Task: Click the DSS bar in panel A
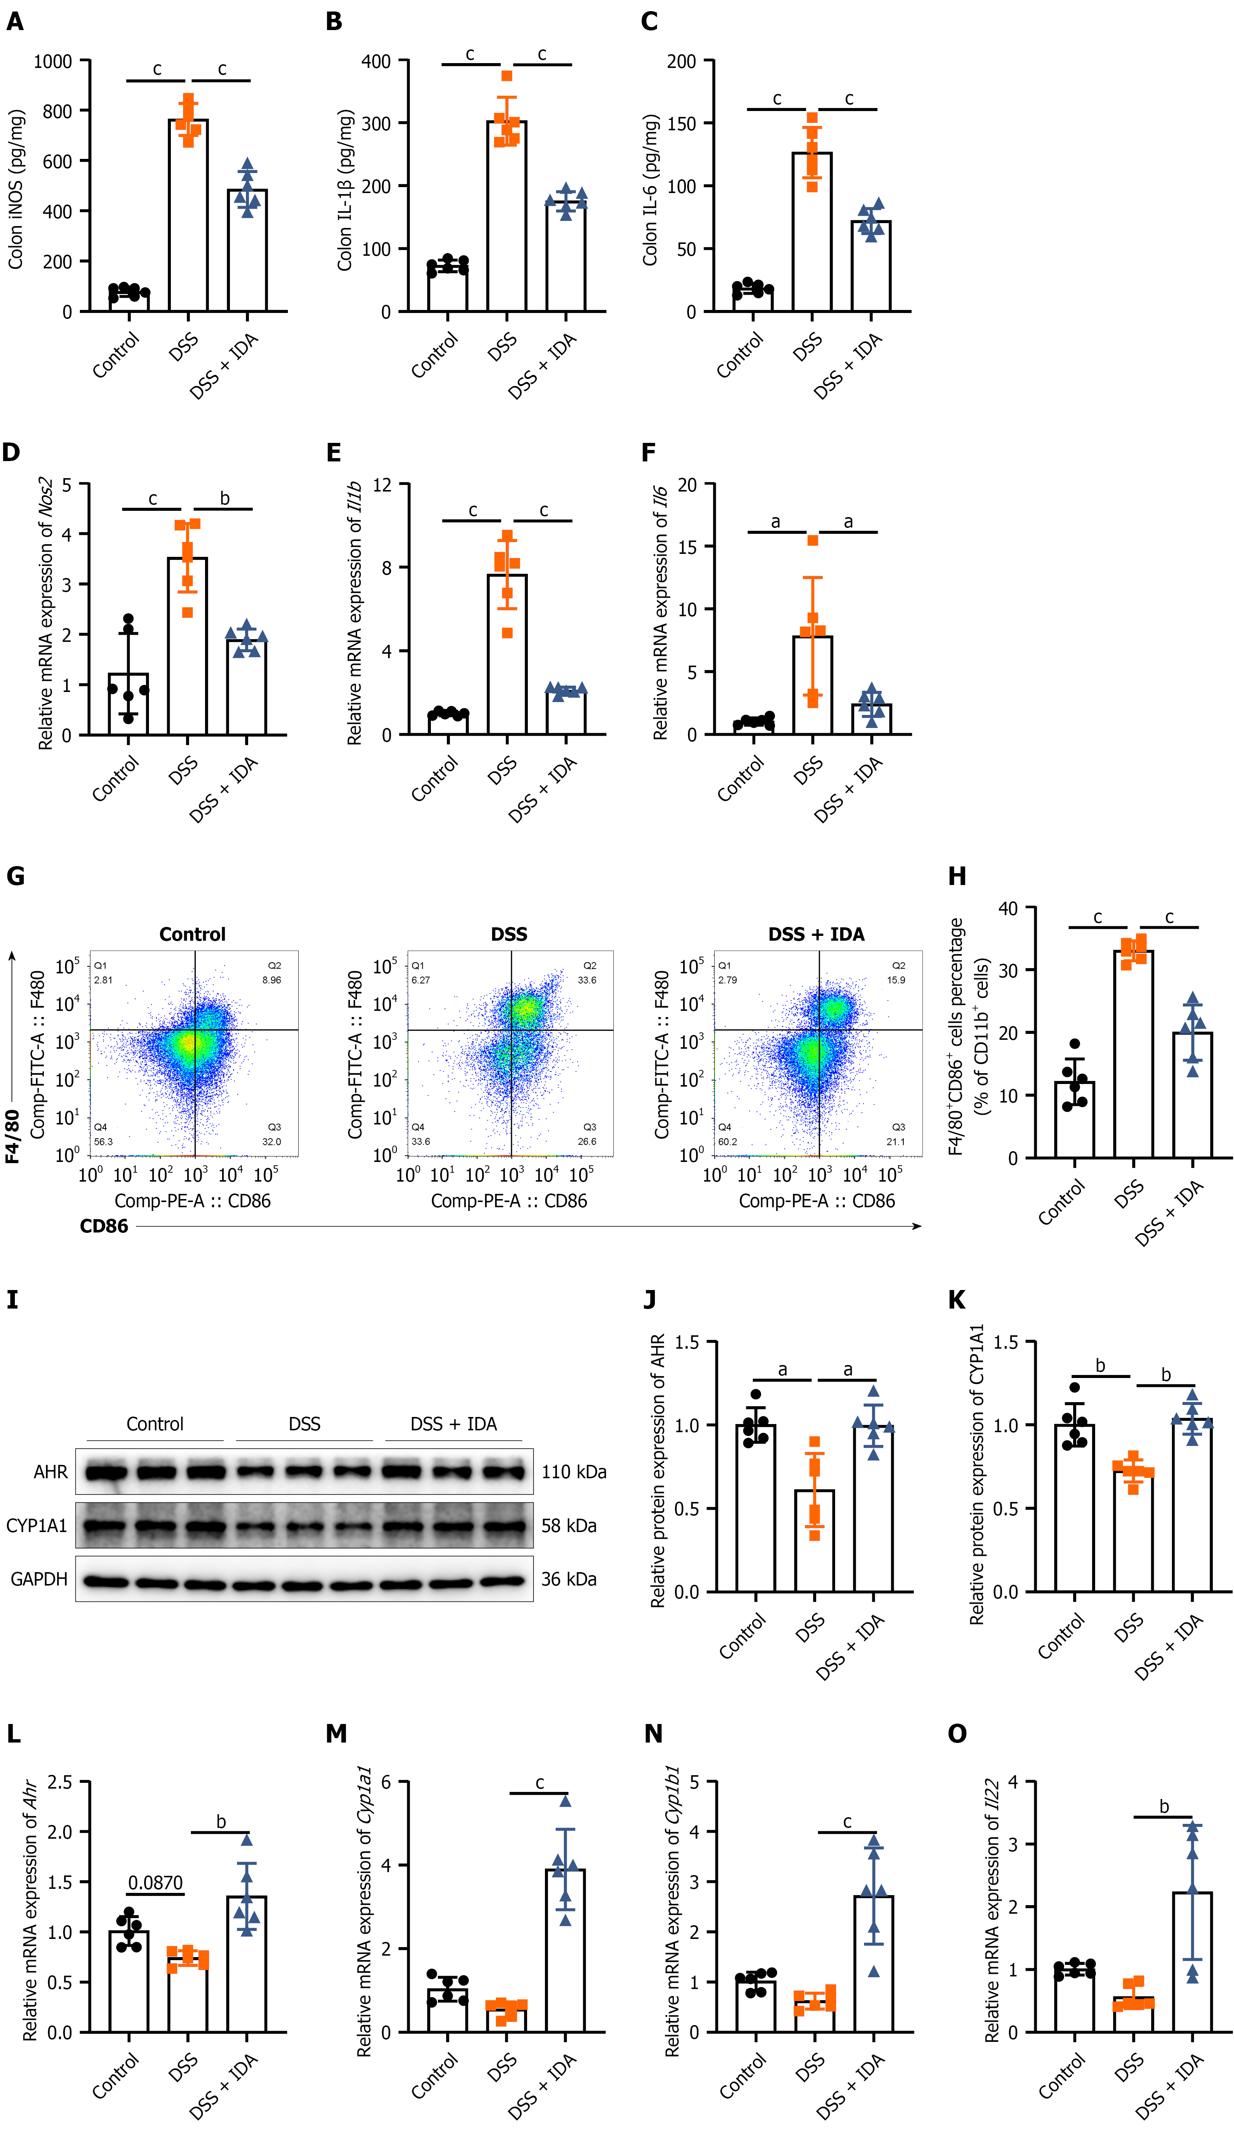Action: (188, 215)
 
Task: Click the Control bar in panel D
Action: (129, 704)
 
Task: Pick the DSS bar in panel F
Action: (812, 685)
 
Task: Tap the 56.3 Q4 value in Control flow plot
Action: (103, 1142)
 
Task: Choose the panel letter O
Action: (957, 1734)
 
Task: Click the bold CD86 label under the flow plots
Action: (104, 1226)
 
